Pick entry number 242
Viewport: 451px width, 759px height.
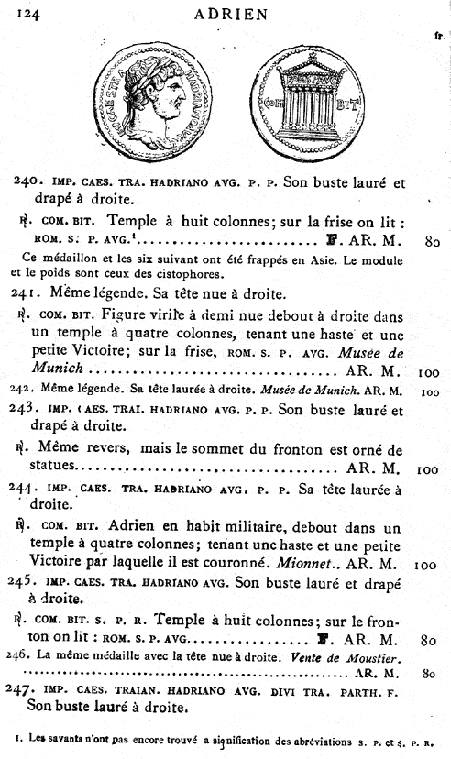24,390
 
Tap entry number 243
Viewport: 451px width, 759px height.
26,410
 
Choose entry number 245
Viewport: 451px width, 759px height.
26,581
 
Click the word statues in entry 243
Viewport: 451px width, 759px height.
57,468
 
